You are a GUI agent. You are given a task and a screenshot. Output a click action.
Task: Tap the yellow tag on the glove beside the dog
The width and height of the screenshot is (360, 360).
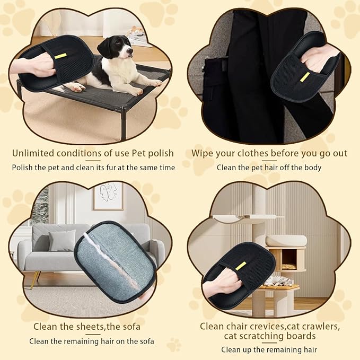pos(61,56)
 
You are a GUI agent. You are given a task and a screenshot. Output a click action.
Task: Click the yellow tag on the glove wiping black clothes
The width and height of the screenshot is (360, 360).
pos(305,76)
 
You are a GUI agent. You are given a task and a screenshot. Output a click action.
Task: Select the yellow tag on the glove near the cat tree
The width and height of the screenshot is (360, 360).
pos(241,265)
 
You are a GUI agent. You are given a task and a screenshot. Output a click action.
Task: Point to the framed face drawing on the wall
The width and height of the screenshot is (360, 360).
pos(108,196)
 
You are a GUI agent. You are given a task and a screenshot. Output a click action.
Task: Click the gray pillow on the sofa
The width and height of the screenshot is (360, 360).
pos(62,241)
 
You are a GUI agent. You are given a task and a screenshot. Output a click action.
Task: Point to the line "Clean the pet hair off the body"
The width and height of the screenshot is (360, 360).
pos(269,168)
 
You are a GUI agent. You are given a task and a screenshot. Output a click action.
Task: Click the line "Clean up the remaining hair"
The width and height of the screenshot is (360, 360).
pos(269,349)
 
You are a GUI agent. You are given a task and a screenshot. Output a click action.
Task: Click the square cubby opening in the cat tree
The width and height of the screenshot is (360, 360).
pos(289,258)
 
